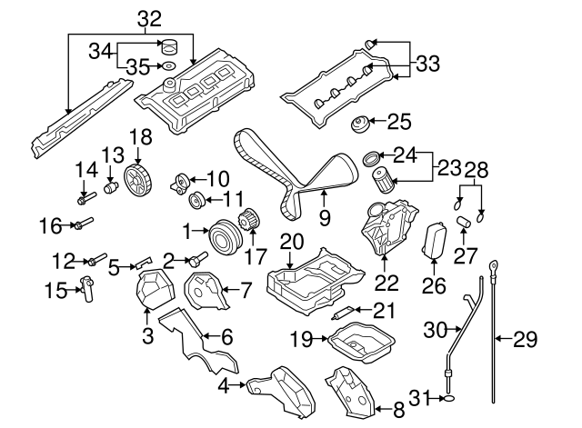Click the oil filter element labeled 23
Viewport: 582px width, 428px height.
coord(386,173)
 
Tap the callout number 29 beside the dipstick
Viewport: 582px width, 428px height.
coord(526,340)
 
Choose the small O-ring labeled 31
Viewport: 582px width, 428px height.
coord(449,397)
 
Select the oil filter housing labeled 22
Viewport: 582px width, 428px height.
coord(386,232)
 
